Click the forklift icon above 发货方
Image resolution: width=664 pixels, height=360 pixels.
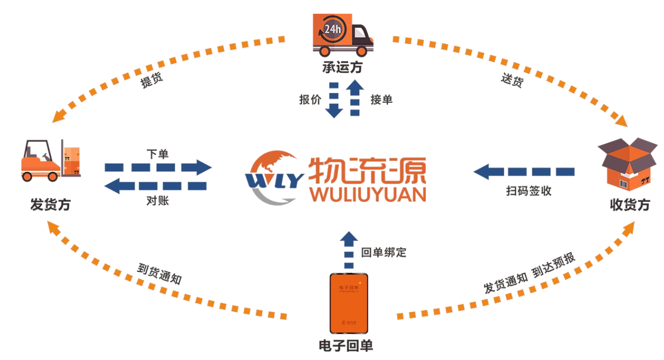point(50,160)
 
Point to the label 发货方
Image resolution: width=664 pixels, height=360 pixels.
point(50,205)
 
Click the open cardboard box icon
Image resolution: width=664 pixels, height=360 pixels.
point(627,162)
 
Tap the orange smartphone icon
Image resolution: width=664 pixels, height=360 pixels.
point(349,303)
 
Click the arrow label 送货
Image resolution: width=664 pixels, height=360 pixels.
point(512,81)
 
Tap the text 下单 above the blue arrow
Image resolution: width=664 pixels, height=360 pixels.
point(158,154)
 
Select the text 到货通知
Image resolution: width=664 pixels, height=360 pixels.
point(159,274)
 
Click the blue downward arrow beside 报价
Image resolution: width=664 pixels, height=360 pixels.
point(334,99)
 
